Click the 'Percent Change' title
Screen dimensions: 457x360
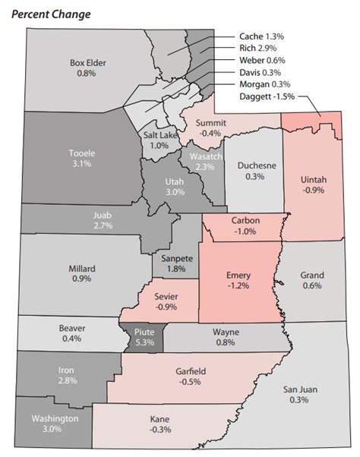[56, 14]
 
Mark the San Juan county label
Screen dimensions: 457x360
[301, 389]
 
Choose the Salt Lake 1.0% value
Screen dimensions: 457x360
[159, 146]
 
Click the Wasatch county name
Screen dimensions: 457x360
[201, 156]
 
